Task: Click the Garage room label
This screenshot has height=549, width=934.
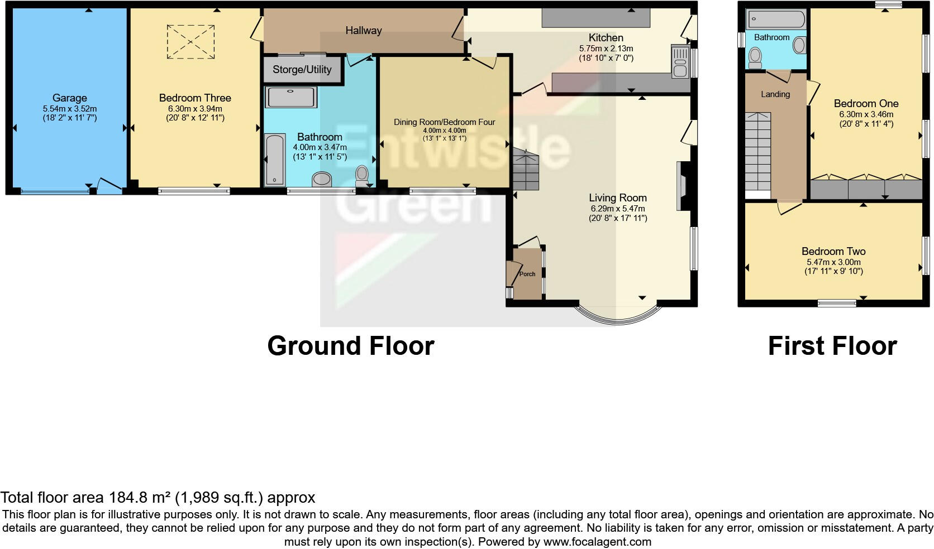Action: tap(69, 98)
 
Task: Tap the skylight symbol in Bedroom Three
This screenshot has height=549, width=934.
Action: tap(191, 41)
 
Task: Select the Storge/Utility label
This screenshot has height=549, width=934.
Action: tap(302, 70)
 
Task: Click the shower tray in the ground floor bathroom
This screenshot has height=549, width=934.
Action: tap(290, 97)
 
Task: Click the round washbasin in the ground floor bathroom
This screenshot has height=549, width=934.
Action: tap(321, 179)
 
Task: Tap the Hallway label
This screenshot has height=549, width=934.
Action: tap(363, 31)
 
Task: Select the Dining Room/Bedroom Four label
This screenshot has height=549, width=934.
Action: tap(444, 122)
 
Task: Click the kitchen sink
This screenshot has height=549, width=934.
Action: tap(680, 61)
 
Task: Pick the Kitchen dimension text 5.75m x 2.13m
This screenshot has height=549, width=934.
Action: tap(606, 49)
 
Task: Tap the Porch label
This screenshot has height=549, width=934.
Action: tap(527, 274)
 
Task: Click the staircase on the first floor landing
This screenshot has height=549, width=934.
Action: tap(757, 151)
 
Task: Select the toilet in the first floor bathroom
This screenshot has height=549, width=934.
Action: tap(755, 56)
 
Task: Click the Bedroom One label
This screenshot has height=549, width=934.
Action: tap(865, 103)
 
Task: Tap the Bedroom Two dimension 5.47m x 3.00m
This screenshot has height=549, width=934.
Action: tap(833, 262)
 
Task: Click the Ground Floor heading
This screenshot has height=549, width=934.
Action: tap(350, 346)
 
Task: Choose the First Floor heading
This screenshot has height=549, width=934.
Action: tap(832, 346)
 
